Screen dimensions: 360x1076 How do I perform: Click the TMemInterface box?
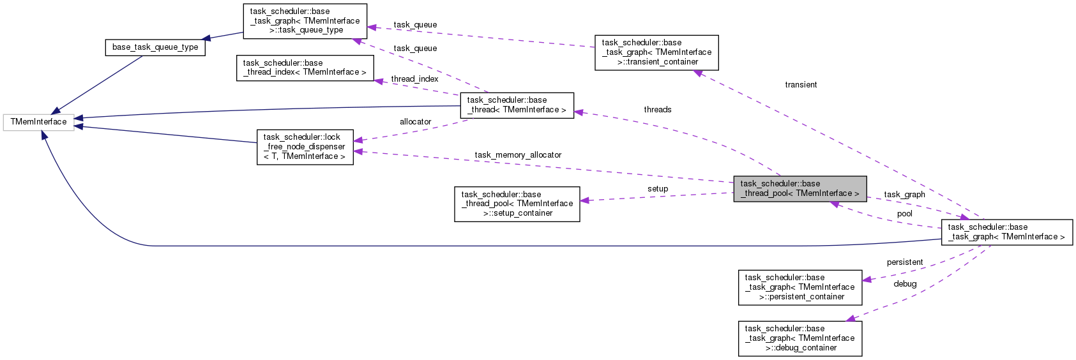pos(38,122)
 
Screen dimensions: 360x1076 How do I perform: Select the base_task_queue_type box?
pos(155,47)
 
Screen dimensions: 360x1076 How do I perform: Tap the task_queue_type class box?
pos(305,20)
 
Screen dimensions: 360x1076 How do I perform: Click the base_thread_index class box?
pos(305,68)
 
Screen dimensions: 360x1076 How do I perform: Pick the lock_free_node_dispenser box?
pos(305,147)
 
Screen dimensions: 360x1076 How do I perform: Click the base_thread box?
pos(517,105)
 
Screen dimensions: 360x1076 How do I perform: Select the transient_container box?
pos(656,52)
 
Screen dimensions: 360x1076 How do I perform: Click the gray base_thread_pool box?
pos(799,188)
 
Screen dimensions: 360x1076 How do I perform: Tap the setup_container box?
pos(517,204)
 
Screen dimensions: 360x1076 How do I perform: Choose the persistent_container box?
pos(799,287)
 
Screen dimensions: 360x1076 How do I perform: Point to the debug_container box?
pos(799,338)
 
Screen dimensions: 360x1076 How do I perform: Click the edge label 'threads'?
pos(657,110)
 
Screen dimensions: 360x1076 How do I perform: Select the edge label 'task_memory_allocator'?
pos(518,155)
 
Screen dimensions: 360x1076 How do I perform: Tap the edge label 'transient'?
pos(801,85)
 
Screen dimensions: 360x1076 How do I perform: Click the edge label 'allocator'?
pos(415,122)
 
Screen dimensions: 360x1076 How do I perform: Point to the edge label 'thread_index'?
pos(414,79)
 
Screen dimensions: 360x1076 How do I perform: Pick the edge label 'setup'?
pos(657,189)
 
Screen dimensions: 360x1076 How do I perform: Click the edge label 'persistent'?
pos(904,262)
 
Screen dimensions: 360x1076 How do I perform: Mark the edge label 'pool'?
pos(904,214)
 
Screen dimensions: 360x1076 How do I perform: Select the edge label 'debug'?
pos(905,284)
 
